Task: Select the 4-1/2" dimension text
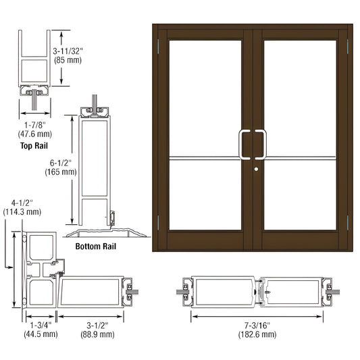tap(22, 202)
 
